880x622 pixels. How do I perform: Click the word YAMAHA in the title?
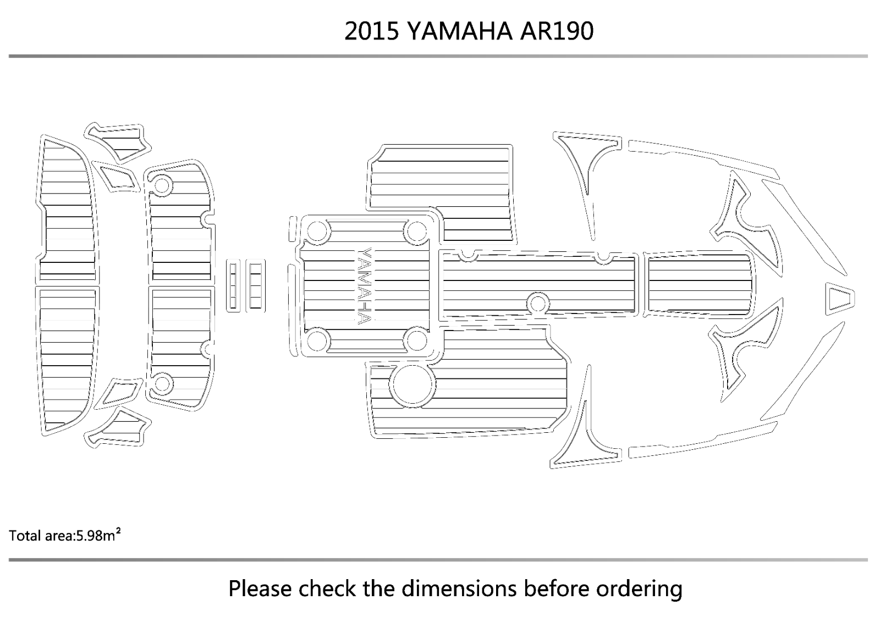(x=459, y=31)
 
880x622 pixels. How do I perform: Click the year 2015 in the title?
(x=372, y=31)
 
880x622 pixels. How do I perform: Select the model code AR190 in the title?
(x=557, y=31)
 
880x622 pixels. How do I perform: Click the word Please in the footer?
(x=260, y=588)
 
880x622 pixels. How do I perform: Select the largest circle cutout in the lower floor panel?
(x=412, y=384)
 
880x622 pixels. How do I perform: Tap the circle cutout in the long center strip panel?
(x=538, y=304)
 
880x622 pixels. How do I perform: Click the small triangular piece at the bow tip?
(x=840, y=299)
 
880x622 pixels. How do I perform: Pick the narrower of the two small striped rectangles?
(x=233, y=285)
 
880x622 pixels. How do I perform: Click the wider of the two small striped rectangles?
(x=255, y=285)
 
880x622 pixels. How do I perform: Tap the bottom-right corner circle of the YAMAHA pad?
(x=417, y=340)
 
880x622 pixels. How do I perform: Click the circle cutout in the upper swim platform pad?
(x=162, y=186)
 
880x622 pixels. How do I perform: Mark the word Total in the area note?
(x=23, y=536)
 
